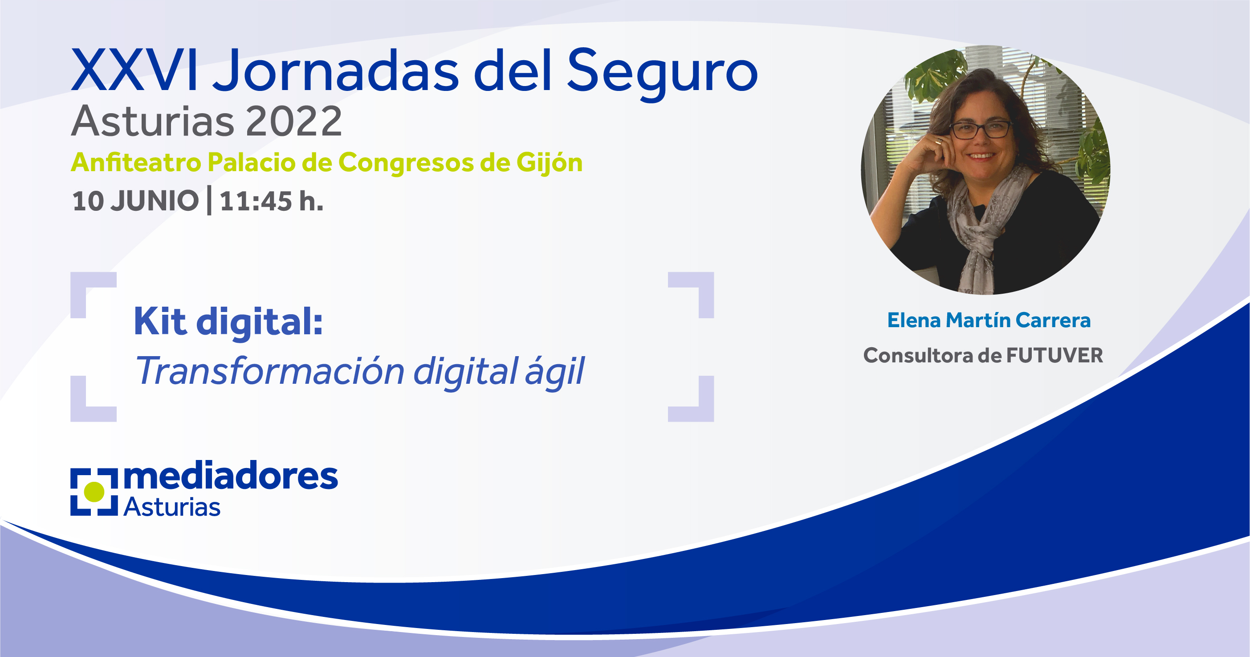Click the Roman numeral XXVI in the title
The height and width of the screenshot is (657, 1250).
[x=134, y=70]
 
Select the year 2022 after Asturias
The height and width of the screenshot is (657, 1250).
[x=294, y=121]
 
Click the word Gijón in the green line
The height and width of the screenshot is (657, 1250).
[x=550, y=163]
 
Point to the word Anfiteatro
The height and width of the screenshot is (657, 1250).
[x=136, y=162]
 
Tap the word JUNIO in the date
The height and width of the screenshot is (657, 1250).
[x=155, y=201]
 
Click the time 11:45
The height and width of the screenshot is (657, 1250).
[x=256, y=201]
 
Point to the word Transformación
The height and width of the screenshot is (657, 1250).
[x=270, y=371]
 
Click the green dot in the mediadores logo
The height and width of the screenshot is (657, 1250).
[x=94, y=492]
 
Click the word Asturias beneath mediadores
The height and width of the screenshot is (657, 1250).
[x=172, y=507]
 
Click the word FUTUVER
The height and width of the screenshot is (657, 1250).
[x=1055, y=355]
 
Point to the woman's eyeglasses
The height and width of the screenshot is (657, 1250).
[x=981, y=130]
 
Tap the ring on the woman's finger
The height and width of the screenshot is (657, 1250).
[x=938, y=142]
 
